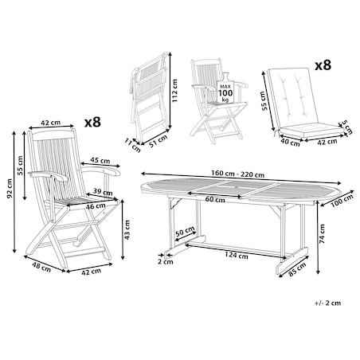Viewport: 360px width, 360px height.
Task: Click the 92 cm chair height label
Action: pos(10,189)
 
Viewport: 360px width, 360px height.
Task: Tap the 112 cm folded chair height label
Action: pos(174,91)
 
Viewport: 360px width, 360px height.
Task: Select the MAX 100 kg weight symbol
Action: pos(225,88)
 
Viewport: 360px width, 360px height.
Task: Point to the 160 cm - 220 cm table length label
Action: pos(237,174)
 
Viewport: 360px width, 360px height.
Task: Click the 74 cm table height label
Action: pos(322,233)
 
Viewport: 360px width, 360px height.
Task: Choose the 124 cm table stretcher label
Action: pos(237,255)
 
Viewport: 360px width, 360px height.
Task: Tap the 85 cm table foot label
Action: pos(297,269)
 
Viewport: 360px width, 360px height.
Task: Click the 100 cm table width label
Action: pos(342,201)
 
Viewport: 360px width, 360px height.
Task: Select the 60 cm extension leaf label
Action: pos(215,199)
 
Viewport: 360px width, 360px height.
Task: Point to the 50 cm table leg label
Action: pos(185,231)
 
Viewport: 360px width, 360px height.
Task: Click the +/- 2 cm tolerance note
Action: pos(328,303)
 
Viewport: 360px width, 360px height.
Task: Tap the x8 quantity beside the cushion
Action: pos(323,65)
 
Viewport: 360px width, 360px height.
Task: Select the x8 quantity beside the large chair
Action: pos(92,123)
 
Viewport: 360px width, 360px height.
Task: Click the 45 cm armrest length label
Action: pos(100,161)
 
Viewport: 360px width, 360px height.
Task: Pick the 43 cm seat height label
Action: pos(127,230)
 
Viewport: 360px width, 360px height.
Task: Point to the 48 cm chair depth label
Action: pos(41,267)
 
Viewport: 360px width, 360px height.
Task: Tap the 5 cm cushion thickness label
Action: pos(347,127)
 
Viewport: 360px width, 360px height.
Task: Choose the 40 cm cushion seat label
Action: pos(290,143)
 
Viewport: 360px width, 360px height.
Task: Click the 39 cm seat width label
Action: pos(103,192)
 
